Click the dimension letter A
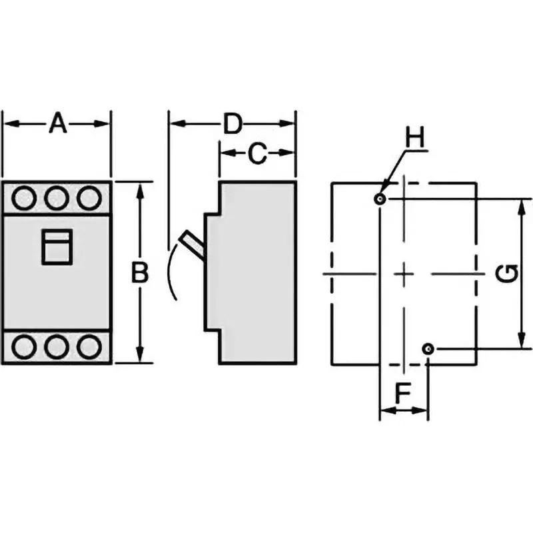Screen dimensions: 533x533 (58, 123)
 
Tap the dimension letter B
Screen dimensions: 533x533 (139, 273)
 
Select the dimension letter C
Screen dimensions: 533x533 (257, 154)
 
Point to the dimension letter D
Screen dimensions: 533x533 (232, 123)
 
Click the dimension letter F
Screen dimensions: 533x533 (402, 394)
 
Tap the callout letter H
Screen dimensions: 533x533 (415, 139)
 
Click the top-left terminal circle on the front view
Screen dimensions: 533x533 (25, 197)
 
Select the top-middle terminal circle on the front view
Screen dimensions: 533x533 (57, 197)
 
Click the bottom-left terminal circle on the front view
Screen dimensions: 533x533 (25, 346)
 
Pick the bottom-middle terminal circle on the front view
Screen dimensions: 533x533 (57, 346)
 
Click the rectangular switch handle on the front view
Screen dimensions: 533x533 (57, 246)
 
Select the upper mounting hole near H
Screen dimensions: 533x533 (380, 199)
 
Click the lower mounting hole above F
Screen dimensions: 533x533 (428, 348)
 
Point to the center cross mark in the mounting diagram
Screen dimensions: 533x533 (404, 273)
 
